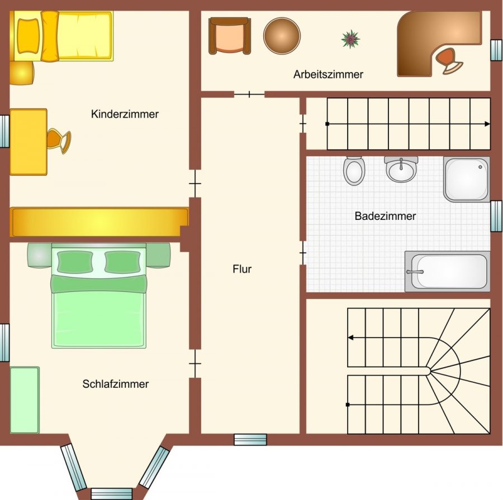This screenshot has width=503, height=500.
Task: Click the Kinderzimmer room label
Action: tap(125, 114)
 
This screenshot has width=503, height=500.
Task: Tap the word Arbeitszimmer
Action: tap(328, 74)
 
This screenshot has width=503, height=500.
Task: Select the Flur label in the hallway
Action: tap(242, 269)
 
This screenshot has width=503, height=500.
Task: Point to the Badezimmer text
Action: tap(385, 216)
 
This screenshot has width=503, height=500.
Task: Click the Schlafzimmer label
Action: tap(116, 384)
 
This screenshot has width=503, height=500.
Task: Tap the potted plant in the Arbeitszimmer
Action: tap(350, 39)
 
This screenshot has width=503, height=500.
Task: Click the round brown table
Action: tap(282, 36)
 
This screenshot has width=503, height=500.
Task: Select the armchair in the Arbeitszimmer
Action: tap(230, 36)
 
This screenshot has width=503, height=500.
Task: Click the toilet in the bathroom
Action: tap(354, 171)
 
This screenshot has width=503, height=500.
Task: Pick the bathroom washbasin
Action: tap(401, 169)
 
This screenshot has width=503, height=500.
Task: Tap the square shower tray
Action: tap(467, 179)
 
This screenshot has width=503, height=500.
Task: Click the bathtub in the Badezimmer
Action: tap(448, 271)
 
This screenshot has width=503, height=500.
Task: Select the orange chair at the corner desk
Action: tap(449, 61)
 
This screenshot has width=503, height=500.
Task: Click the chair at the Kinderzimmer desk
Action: tap(59, 141)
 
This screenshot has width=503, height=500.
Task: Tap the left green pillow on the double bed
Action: tap(75, 262)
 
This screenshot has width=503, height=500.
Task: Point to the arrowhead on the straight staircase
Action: tap(487, 124)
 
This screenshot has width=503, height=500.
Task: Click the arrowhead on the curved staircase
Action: tap(350, 338)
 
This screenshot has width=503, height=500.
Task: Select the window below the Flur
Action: tap(250, 440)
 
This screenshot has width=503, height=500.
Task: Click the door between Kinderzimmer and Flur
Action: tap(195, 184)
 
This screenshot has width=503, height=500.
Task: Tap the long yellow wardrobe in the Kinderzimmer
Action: tap(100, 222)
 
